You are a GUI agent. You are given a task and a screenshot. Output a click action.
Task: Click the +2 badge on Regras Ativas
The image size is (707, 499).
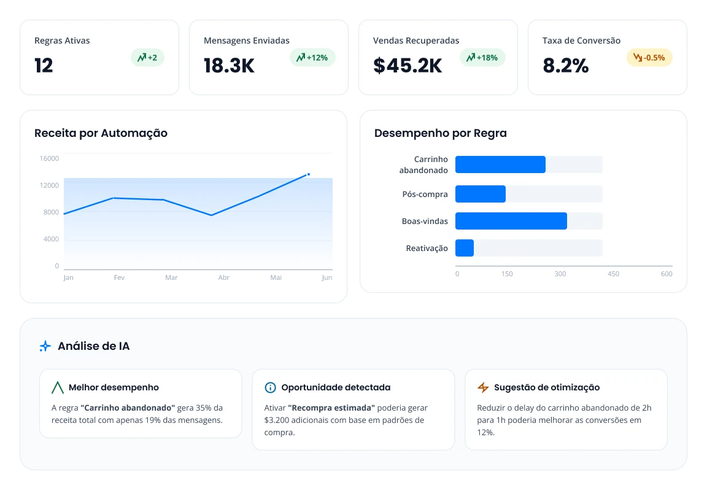click(x=147, y=58)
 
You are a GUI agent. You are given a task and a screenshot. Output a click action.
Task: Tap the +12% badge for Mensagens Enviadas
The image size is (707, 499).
click(x=312, y=58)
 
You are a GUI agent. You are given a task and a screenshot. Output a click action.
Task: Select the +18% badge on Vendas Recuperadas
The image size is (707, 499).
click(x=482, y=58)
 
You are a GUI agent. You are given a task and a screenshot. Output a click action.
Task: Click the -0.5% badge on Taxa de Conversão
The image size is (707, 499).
click(x=649, y=58)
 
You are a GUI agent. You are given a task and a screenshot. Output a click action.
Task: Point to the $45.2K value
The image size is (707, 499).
click(x=408, y=66)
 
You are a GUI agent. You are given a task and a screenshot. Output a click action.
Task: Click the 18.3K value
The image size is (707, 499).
click(x=229, y=66)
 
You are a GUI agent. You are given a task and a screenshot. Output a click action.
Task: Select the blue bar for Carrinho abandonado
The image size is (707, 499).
click(x=501, y=164)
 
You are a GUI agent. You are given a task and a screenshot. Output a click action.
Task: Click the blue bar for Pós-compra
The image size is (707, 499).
click(x=481, y=194)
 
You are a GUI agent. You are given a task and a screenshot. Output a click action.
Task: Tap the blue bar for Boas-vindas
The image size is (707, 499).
click(x=511, y=221)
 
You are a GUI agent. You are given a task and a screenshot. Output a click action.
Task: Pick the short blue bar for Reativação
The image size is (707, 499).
click(x=465, y=248)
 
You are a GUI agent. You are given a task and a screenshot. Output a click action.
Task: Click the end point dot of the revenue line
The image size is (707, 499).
click(x=309, y=174)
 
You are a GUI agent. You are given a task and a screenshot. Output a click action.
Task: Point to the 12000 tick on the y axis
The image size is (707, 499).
click(x=49, y=185)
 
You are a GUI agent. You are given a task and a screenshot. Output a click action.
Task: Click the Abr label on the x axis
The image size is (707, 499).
click(x=223, y=277)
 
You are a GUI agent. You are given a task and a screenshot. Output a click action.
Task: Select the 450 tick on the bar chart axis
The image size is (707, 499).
click(x=613, y=274)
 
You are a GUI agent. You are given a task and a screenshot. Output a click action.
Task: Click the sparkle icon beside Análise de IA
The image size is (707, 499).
click(x=45, y=346)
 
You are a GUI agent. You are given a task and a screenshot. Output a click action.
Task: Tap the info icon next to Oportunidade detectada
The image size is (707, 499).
click(x=270, y=387)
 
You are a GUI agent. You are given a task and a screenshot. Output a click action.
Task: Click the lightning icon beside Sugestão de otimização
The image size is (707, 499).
click(x=483, y=387)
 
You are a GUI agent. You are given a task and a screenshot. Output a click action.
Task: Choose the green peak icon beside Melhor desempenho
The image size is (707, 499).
click(x=57, y=387)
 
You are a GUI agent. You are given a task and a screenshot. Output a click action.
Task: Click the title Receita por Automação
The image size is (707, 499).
click(x=101, y=133)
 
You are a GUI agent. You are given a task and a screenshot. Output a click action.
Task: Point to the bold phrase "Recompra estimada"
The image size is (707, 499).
click(x=331, y=408)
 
